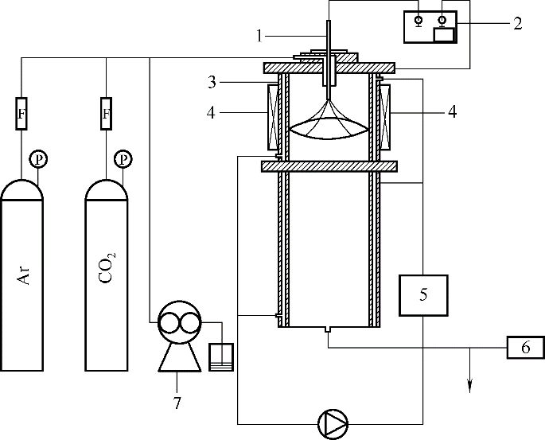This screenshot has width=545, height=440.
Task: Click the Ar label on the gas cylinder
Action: (x=25, y=275)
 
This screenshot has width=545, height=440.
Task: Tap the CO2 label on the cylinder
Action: (x=107, y=267)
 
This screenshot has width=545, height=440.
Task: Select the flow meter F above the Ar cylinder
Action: (x=21, y=114)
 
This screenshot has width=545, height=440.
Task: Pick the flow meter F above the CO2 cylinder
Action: (x=107, y=114)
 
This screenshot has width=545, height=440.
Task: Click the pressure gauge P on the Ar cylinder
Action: (x=38, y=159)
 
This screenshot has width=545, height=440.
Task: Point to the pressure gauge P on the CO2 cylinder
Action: (x=123, y=159)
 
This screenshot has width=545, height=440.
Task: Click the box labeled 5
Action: (x=423, y=295)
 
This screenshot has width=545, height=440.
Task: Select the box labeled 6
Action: (x=526, y=347)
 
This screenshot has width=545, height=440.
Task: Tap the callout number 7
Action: (x=177, y=403)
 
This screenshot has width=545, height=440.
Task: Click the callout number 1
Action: (x=259, y=36)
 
